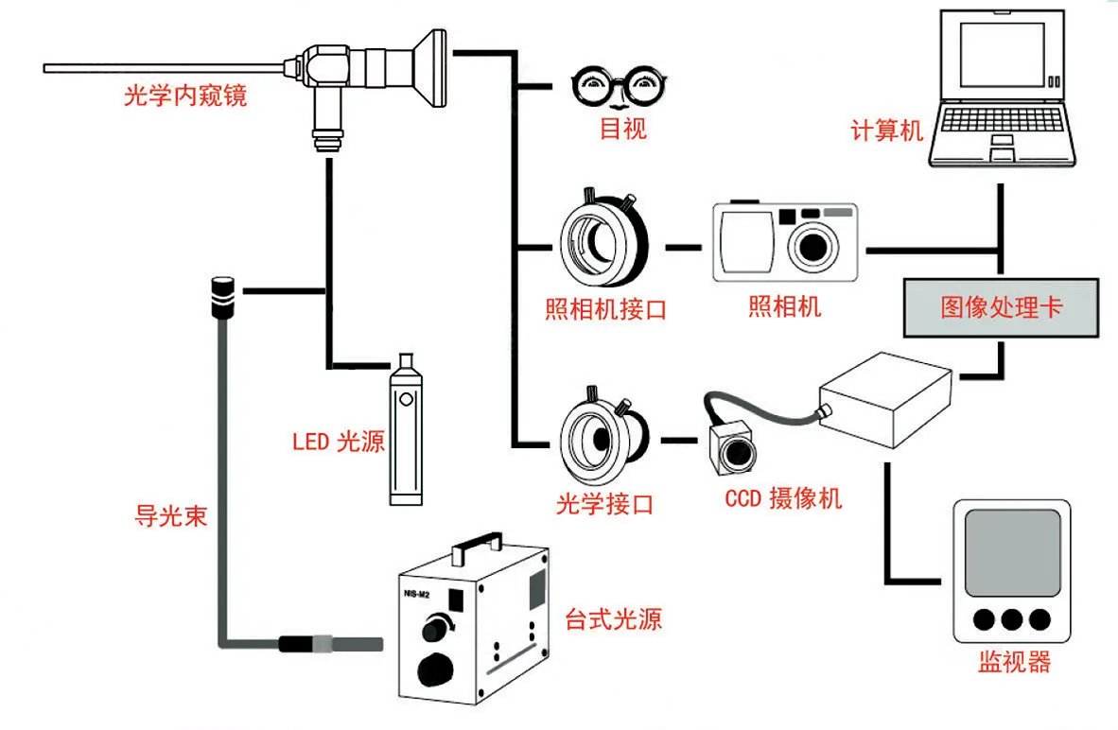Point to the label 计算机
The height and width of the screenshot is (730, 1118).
tap(886, 130)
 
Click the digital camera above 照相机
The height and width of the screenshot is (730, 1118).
tap(784, 242)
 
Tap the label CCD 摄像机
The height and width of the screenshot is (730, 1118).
tap(783, 497)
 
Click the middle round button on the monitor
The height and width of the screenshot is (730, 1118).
tap(1012, 619)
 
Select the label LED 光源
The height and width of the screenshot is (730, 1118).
tap(338, 442)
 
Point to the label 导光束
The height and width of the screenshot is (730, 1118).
tap(170, 516)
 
